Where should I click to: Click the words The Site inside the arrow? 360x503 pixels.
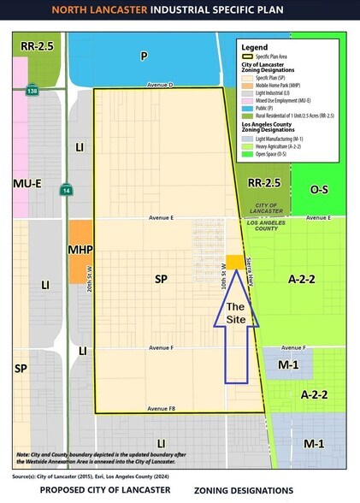236,312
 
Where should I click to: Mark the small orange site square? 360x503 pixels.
233,262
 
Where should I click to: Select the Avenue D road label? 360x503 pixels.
160,86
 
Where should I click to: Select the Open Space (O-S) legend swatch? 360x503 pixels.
249,155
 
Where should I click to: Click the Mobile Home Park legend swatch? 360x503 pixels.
249,84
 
